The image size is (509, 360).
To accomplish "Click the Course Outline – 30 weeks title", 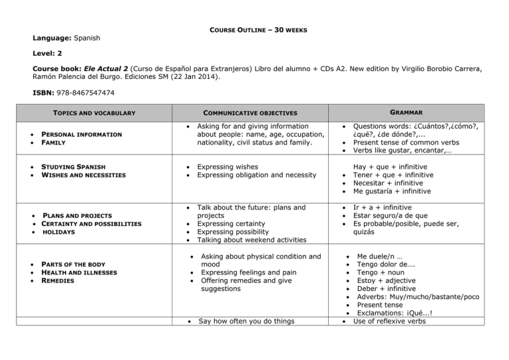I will [x=254, y=30].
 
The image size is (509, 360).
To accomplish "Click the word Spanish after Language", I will [x=87, y=38].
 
